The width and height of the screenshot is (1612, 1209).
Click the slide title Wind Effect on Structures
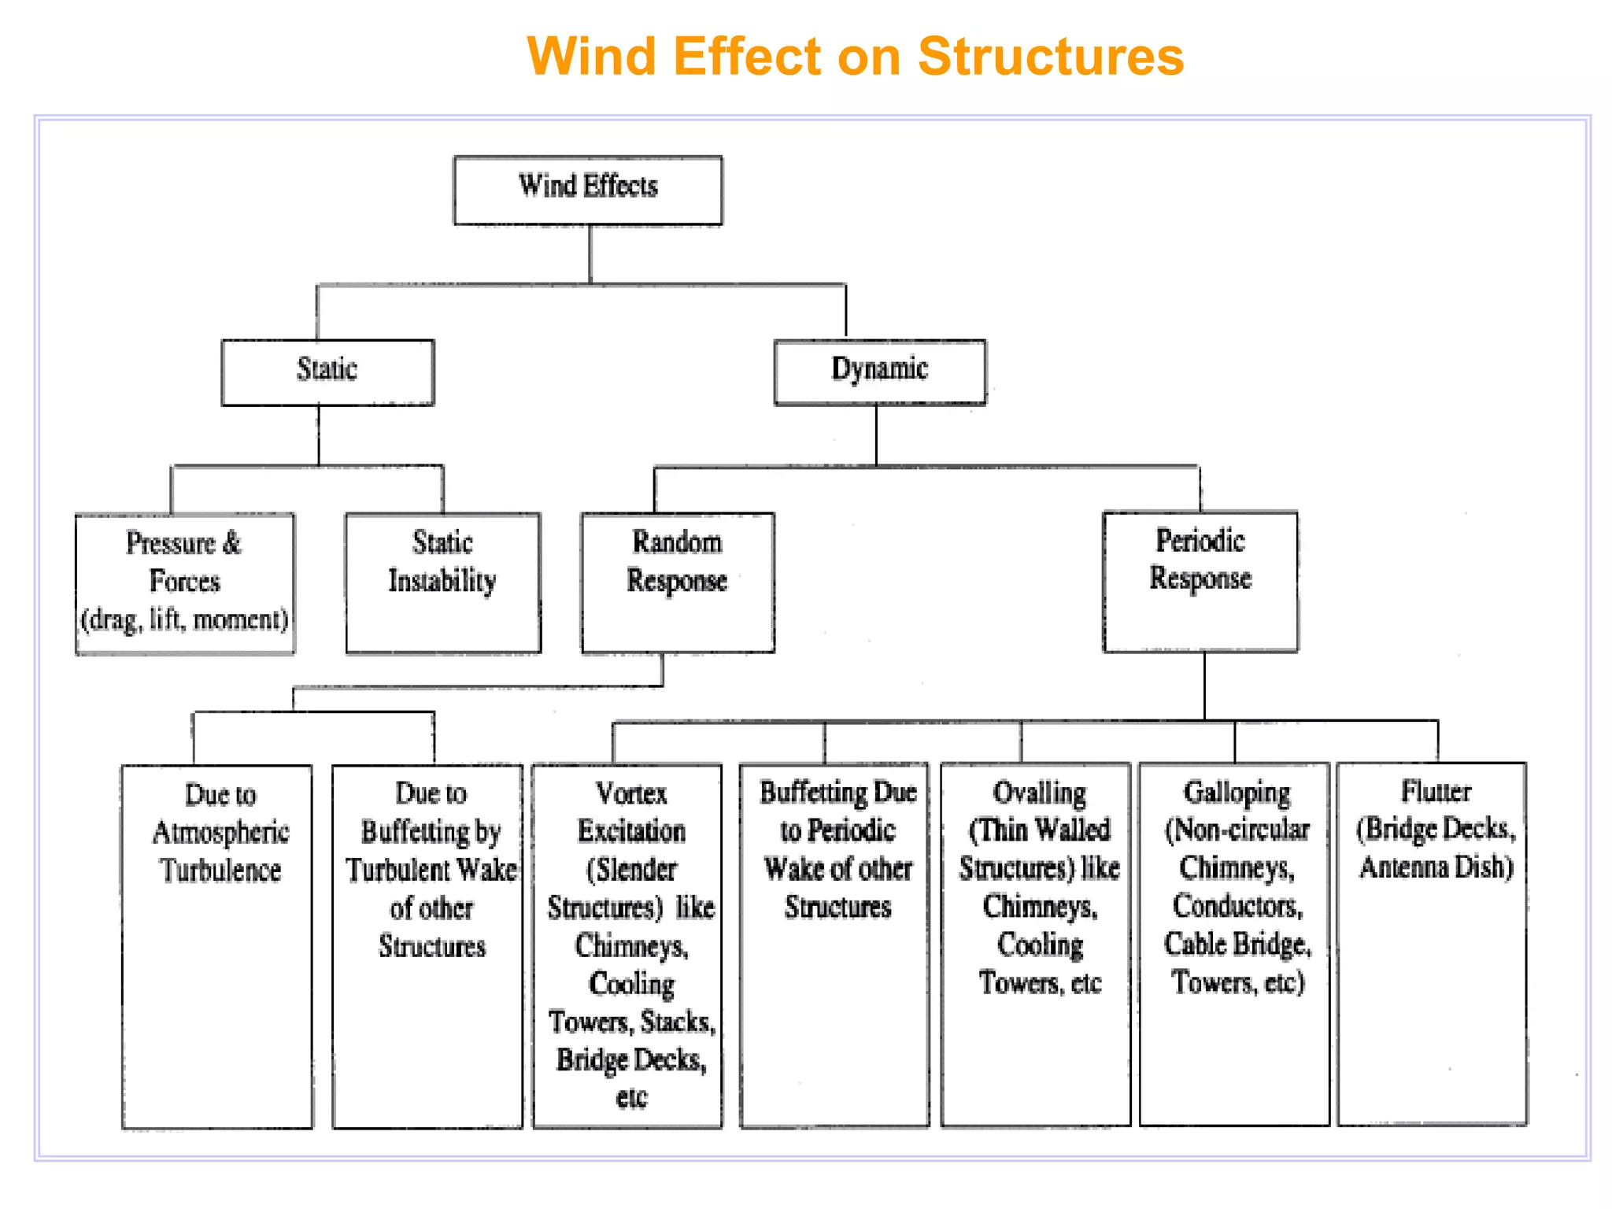click(855, 56)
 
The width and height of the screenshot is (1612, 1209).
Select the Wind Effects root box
click(588, 190)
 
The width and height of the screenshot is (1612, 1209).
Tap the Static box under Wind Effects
click(327, 372)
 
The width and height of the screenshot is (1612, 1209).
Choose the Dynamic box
click(880, 372)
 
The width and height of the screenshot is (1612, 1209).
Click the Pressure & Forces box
click(185, 583)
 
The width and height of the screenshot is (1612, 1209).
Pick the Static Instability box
click(443, 582)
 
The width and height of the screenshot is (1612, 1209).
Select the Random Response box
click(678, 582)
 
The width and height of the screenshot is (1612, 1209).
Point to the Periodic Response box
click(1200, 582)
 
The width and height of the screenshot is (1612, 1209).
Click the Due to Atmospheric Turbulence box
click(217, 947)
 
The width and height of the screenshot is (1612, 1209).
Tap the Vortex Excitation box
click(627, 946)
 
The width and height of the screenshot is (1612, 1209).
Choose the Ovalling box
click(1036, 945)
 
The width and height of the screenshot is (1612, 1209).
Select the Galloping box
click(1234, 945)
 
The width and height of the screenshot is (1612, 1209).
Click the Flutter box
click(1433, 944)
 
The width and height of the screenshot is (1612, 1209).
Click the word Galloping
click(1237, 793)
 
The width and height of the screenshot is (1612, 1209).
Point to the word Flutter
click(1436, 790)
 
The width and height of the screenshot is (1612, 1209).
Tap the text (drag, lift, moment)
click(185, 619)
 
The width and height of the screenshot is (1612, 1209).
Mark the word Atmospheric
click(221, 833)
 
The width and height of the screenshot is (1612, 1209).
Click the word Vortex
click(631, 793)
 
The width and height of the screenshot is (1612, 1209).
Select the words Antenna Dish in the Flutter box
click(1436, 867)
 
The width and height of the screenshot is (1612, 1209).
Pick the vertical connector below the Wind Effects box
click(590, 254)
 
